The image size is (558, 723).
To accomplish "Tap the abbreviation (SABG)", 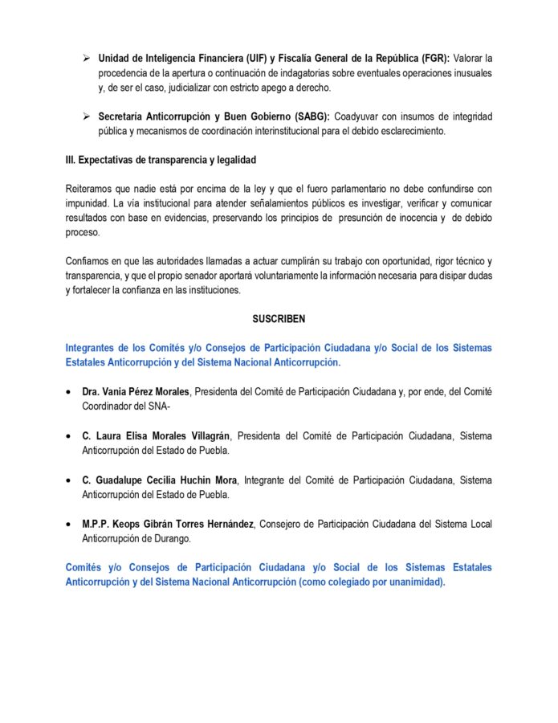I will pyautogui.click(x=304, y=116).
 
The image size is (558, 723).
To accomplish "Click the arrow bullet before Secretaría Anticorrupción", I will pyautogui.click(x=86, y=116).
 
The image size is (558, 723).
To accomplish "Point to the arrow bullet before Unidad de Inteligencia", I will pyautogui.click(x=86, y=59).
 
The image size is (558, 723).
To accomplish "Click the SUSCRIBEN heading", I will pyautogui.click(x=279, y=319).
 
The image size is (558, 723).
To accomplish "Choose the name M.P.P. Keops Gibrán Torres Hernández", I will pyautogui.click(x=168, y=524).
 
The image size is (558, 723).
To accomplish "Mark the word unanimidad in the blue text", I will pyautogui.click(x=415, y=582).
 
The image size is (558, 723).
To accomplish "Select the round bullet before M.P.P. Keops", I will pyautogui.click(x=70, y=524).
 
